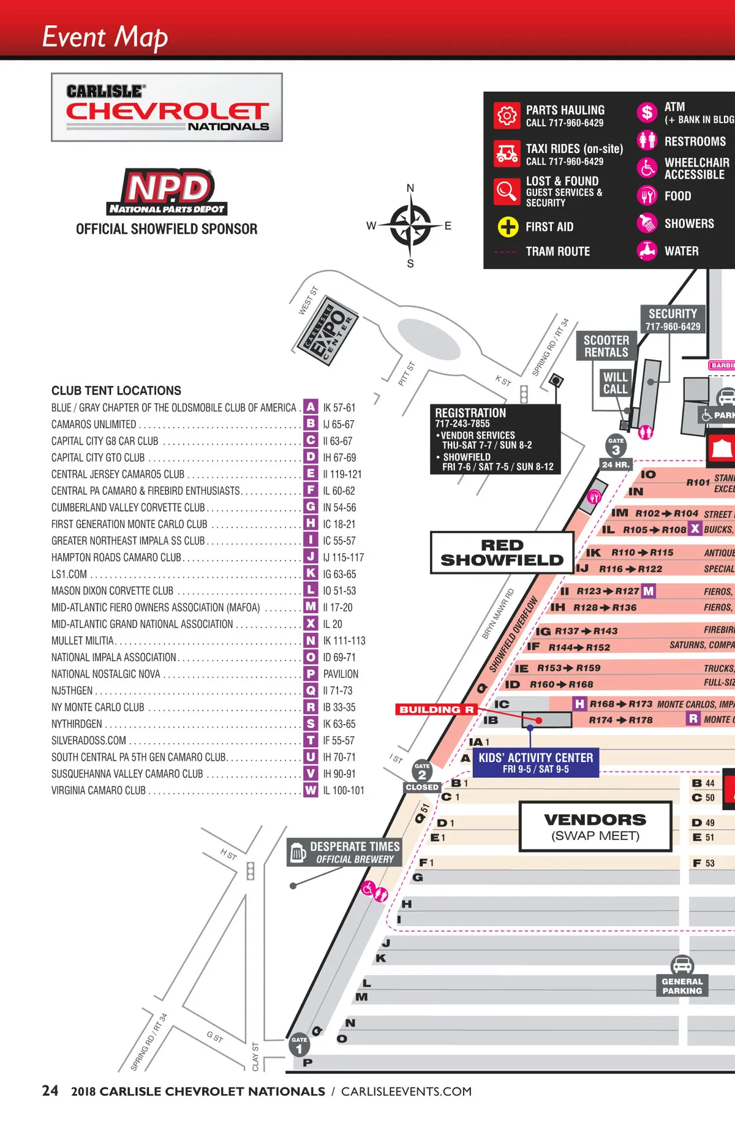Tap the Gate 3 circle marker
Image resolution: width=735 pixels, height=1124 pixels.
616,448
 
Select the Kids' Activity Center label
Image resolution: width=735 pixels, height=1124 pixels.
536,763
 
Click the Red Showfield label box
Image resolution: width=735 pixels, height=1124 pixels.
502,553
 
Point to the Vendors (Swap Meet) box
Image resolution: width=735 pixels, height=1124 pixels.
595,827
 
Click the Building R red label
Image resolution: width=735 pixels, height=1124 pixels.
436,709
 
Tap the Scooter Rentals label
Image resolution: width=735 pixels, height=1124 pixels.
606,346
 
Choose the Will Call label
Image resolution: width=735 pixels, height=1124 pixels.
615,383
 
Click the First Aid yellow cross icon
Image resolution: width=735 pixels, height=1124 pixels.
507,227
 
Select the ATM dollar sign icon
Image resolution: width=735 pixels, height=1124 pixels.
647,113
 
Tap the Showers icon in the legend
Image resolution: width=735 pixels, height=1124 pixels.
647,223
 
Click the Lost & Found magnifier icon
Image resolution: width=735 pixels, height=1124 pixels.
507,191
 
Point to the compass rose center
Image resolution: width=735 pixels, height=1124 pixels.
410,225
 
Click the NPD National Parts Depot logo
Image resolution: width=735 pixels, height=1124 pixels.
167,191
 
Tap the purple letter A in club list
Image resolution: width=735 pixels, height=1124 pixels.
311,407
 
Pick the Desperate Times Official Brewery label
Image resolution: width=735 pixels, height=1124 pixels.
345,852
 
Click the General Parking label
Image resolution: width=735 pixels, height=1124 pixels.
682,986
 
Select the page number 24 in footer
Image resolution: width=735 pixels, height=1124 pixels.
50,1091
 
